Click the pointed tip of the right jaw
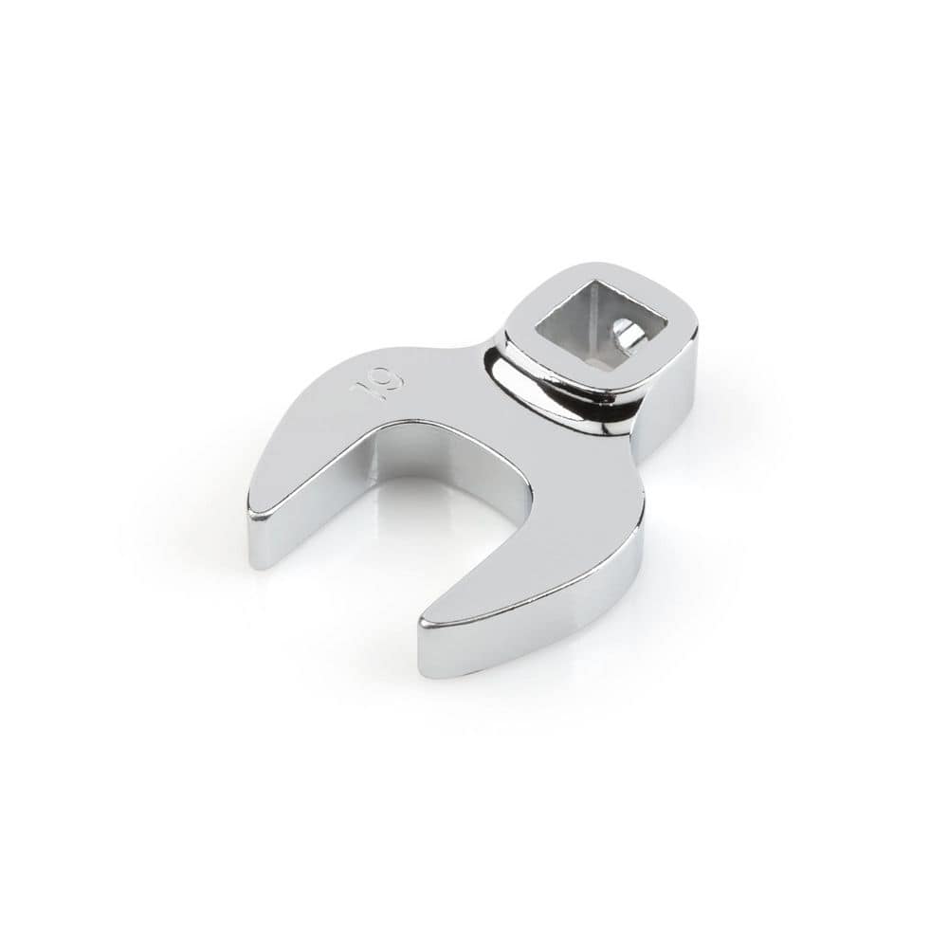point(422,626)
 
